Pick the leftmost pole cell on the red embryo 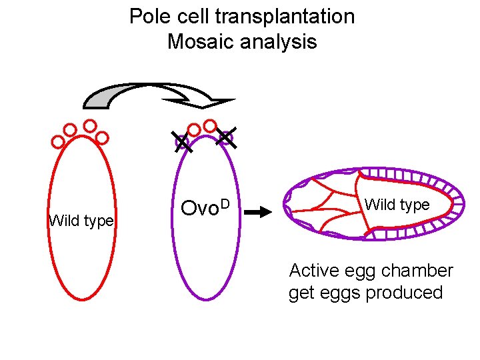(58, 141)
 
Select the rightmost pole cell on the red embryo (102, 137)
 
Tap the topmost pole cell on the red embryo (90, 125)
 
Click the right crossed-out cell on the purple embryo (225, 138)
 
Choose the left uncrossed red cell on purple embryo (194, 129)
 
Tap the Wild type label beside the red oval (81, 221)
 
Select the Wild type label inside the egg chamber (397, 205)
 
